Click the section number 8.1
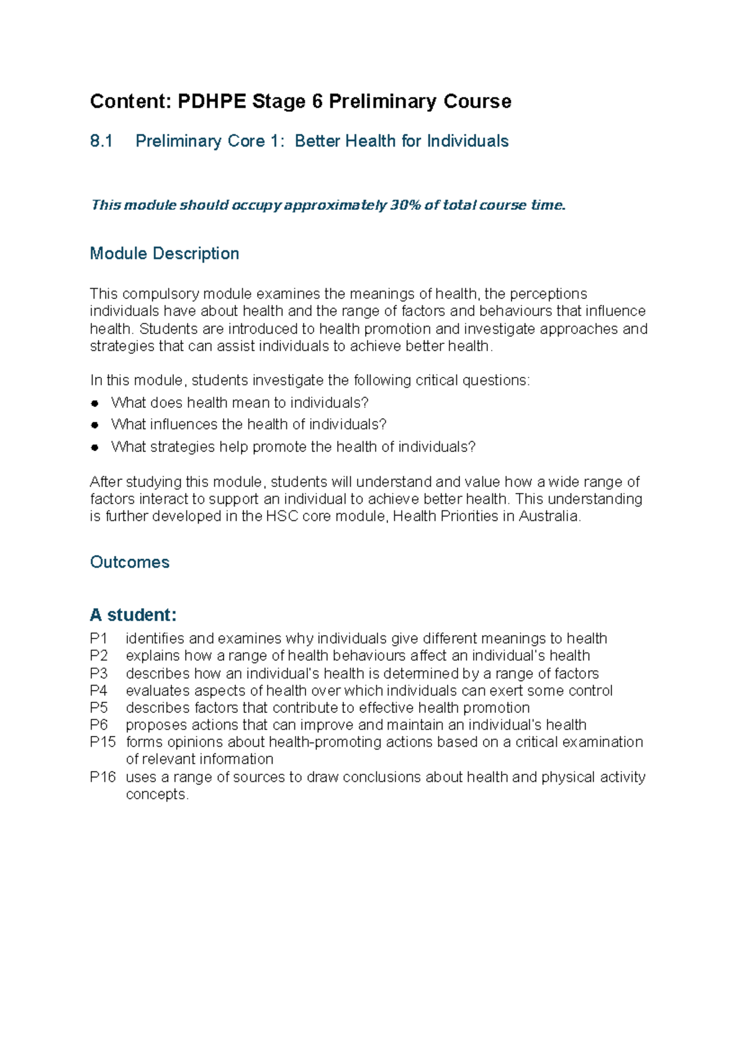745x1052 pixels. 101,142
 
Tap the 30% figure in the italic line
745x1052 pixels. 405,205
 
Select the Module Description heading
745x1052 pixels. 165,253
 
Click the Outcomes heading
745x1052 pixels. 130,562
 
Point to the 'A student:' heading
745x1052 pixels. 133,615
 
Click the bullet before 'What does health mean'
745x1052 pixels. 95,403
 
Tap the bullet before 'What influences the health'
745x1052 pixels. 95,425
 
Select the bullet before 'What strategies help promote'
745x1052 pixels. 95,447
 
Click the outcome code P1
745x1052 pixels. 98,638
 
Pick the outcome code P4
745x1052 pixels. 98,691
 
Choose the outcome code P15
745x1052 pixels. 102,742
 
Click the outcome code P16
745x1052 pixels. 102,777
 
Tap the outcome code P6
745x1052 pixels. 98,725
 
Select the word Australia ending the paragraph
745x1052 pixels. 549,516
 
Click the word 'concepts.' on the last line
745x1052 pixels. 157,794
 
